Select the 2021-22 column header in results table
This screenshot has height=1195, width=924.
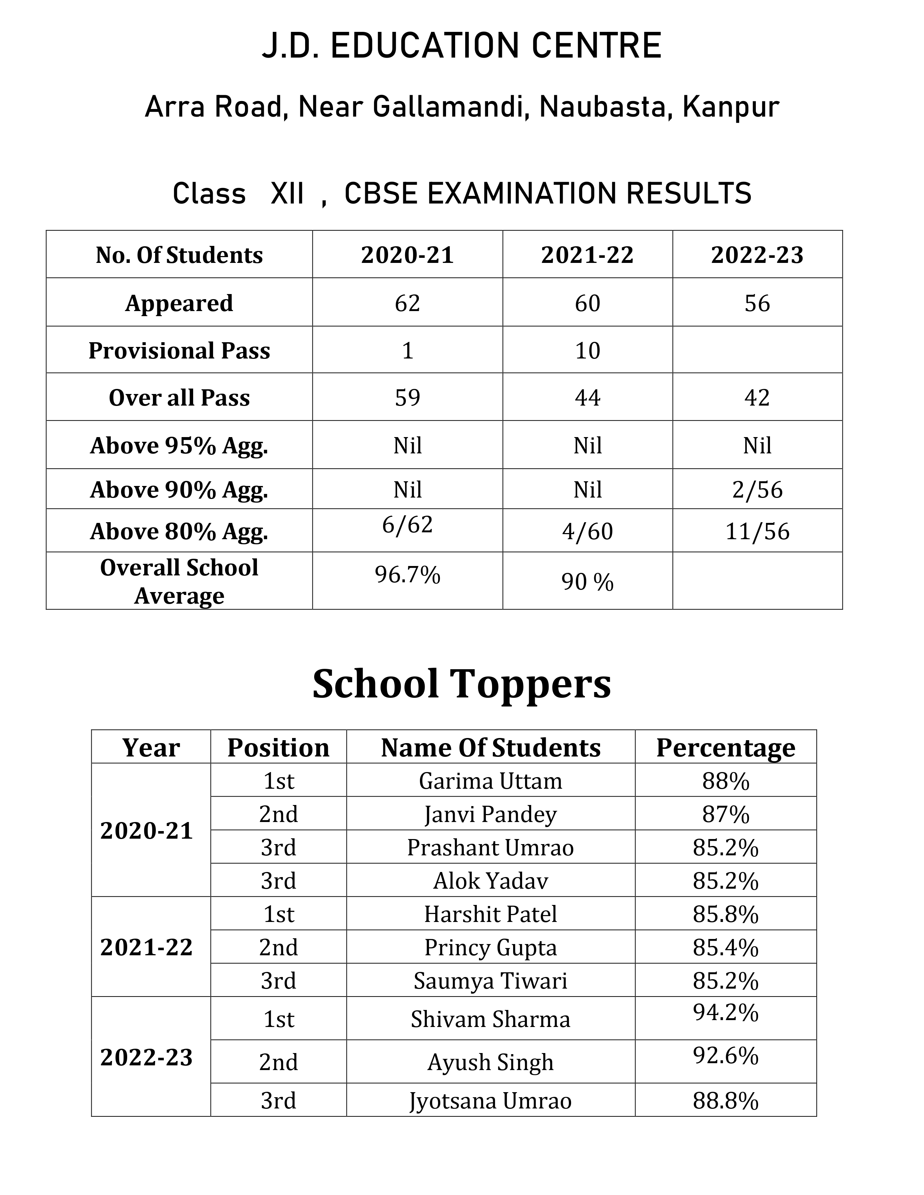point(587,255)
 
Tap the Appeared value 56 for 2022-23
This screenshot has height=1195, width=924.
point(757,303)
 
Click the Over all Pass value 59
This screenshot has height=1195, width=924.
point(407,398)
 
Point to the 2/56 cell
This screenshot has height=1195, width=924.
point(757,490)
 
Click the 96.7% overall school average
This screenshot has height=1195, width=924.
point(407,575)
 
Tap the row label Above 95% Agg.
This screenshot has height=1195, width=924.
point(179,445)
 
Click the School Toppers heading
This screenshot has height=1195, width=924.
point(461,684)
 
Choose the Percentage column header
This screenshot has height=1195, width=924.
point(725,747)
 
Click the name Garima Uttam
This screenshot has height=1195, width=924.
point(491,781)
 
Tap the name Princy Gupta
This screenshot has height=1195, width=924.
point(491,948)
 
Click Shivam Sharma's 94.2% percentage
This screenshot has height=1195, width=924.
point(725,1013)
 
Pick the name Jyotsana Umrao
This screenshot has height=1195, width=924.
point(491,1101)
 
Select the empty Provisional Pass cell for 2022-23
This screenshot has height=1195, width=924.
point(757,350)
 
